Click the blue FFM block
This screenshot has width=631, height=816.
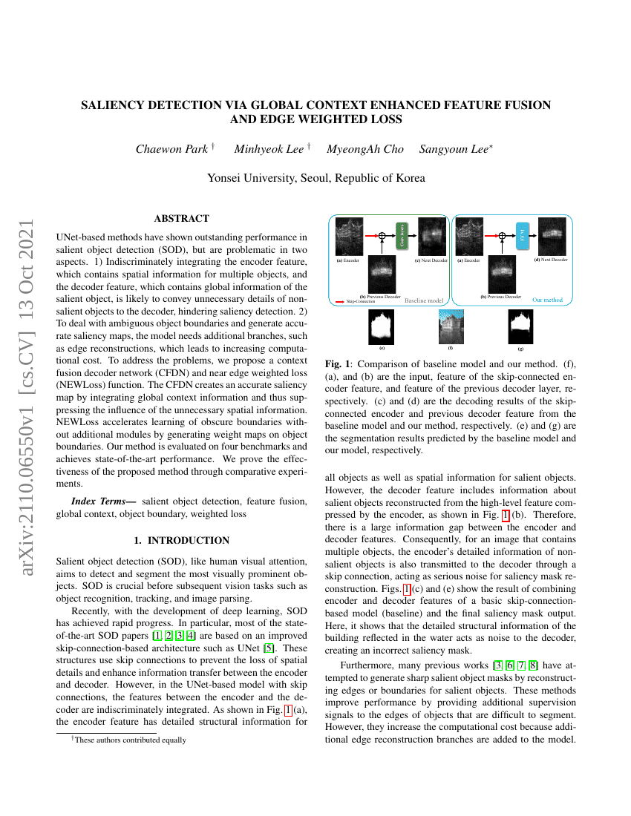(522, 235)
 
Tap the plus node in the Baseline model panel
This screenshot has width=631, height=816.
(383, 235)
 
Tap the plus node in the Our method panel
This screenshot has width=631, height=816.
(503, 235)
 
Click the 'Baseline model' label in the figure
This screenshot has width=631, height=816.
(423, 300)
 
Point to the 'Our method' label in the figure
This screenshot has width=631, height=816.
(547, 300)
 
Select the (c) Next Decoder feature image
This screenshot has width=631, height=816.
(431, 237)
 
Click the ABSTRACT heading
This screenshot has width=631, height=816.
(182, 218)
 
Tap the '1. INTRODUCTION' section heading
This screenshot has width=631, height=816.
(182, 541)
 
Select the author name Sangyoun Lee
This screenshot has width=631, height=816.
(454, 149)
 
